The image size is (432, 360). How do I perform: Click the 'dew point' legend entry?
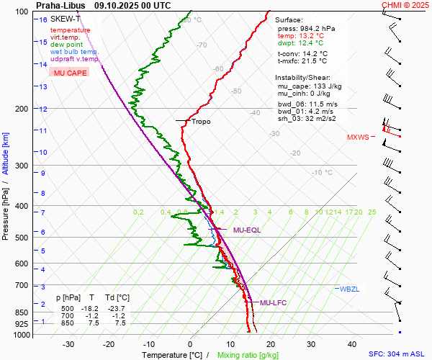[x=67, y=45]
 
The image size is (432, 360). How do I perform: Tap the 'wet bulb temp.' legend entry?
[x=75, y=52]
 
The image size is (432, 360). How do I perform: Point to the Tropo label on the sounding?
[x=202, y=122]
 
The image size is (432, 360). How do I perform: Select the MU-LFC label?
[x=273, y=302]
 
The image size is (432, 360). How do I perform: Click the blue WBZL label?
[x=349, y=289]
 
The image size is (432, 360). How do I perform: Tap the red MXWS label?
[x=358, y=137]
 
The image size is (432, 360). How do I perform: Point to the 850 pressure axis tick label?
[x=21, y=313]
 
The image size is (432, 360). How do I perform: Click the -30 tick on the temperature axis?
[x=68, y=344]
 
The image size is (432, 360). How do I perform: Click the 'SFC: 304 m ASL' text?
[x=396, y=354]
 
